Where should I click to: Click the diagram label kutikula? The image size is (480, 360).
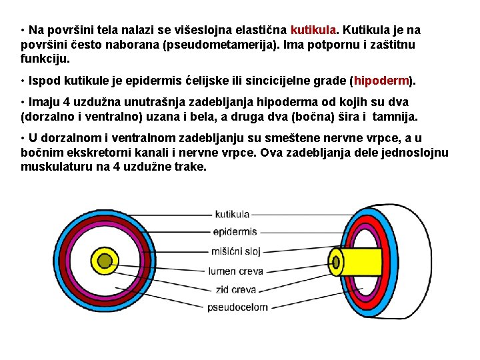(232, 215)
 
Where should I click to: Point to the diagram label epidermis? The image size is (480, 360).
(235, 232)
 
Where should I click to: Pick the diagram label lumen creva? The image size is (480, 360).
(236, 271)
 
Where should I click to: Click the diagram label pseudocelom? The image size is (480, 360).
(238, 307)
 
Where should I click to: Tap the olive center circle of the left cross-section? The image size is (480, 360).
(105, 260)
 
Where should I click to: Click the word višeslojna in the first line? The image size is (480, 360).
(199, 30)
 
